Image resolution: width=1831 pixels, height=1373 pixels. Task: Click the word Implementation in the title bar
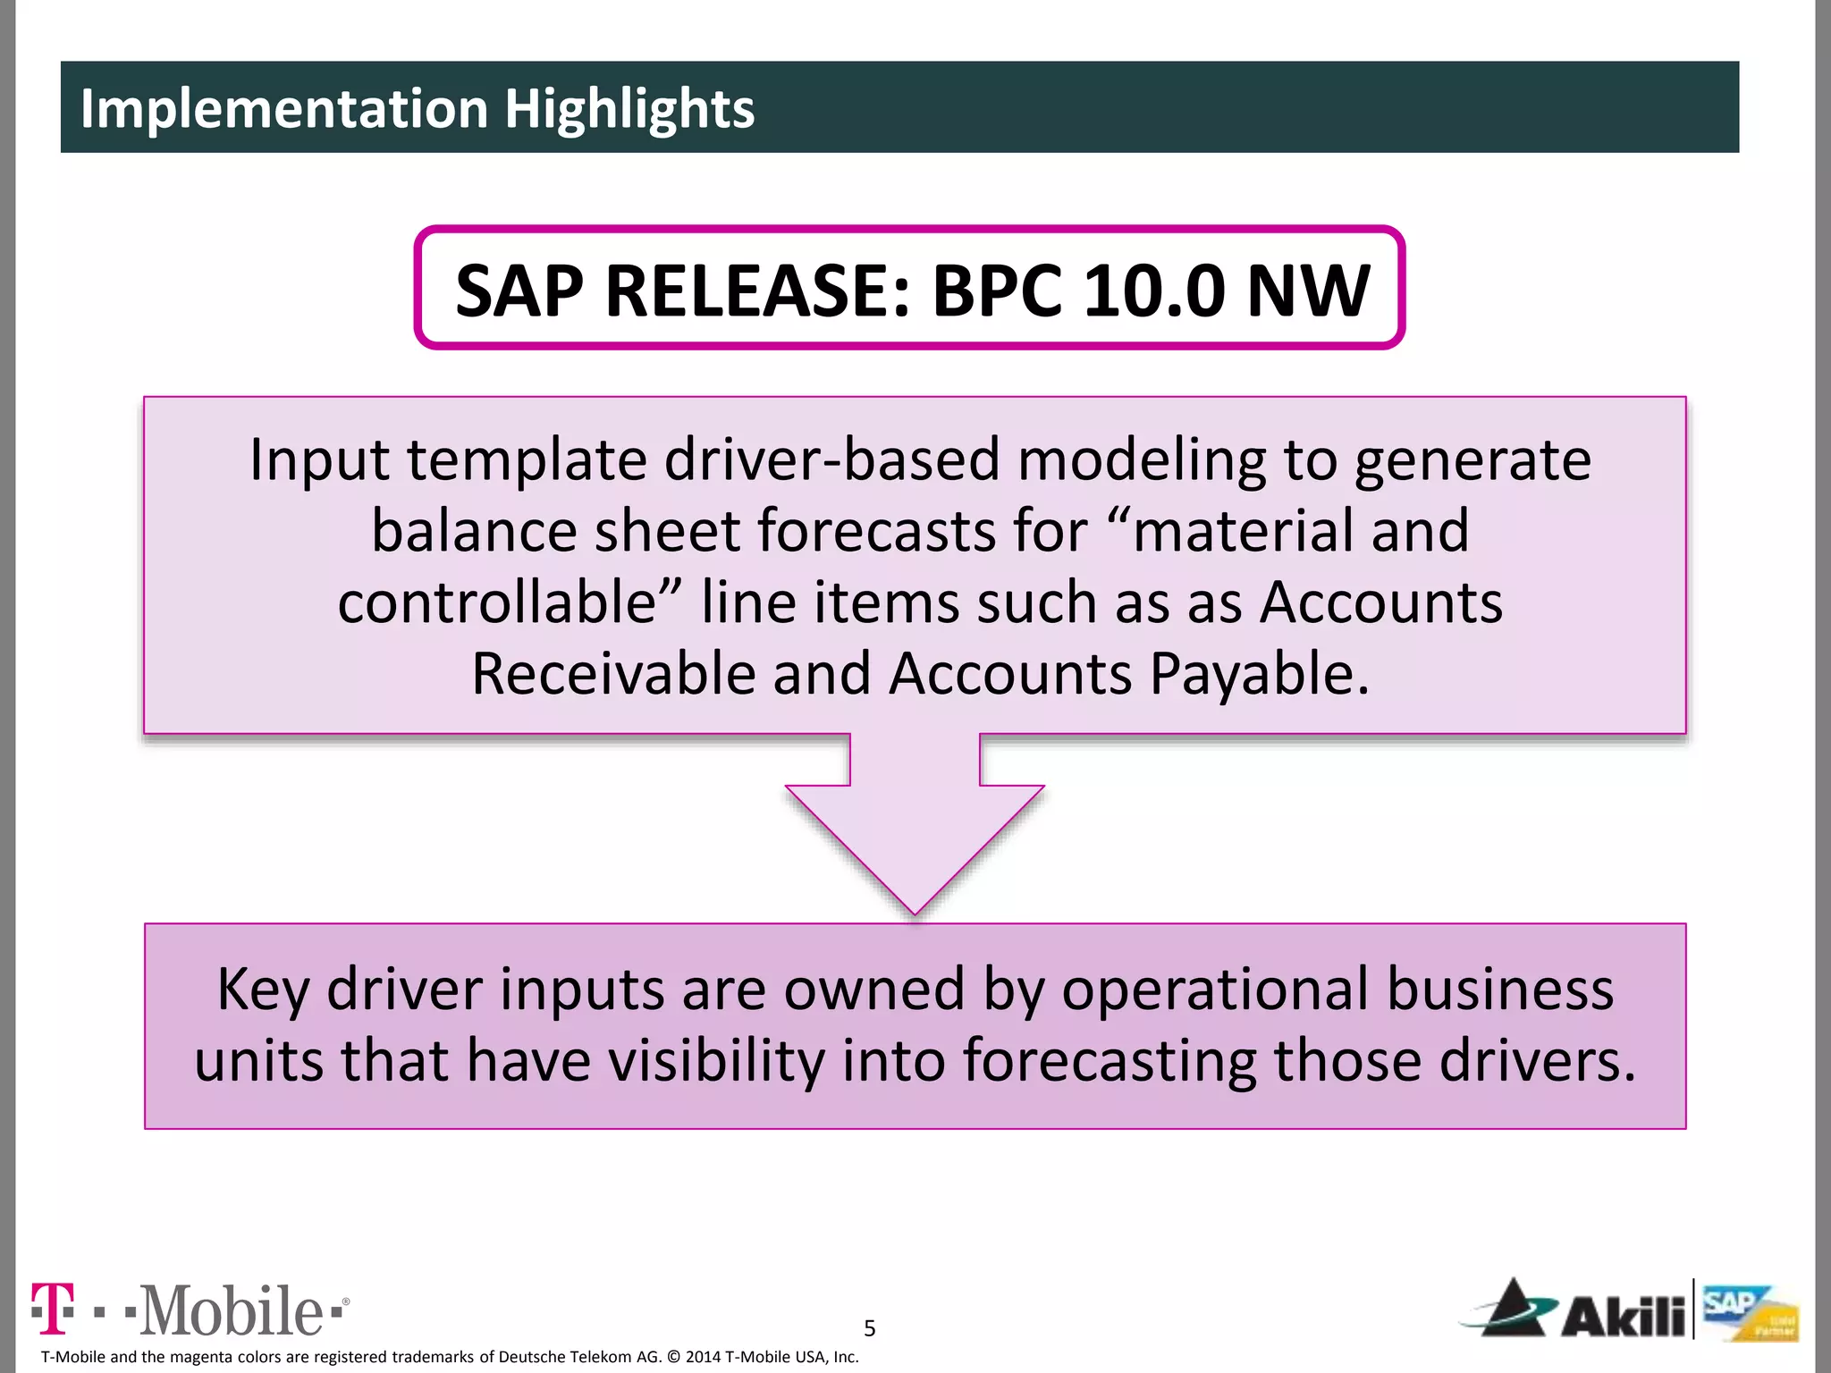(283, 108)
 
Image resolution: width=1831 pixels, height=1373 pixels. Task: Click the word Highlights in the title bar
(629, 108)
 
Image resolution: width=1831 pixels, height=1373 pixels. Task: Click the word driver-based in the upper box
(831, 459)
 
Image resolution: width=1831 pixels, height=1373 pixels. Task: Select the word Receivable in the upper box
(613, 674)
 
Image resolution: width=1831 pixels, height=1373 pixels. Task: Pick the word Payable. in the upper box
(1259, 674)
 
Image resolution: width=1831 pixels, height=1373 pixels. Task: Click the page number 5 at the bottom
(870, 1328)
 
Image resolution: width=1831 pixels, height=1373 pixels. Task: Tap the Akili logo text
(1622, 1315)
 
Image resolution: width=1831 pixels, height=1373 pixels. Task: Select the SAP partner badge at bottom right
(1749, 1313)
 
